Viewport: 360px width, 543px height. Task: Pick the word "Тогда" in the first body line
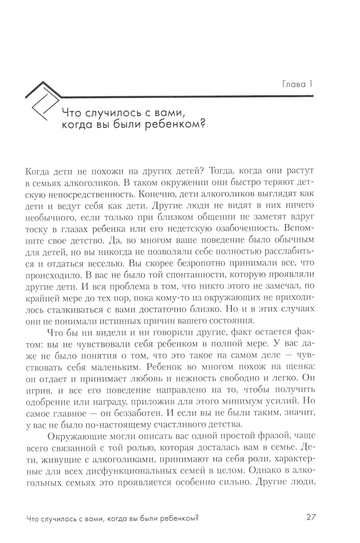(223, 171)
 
